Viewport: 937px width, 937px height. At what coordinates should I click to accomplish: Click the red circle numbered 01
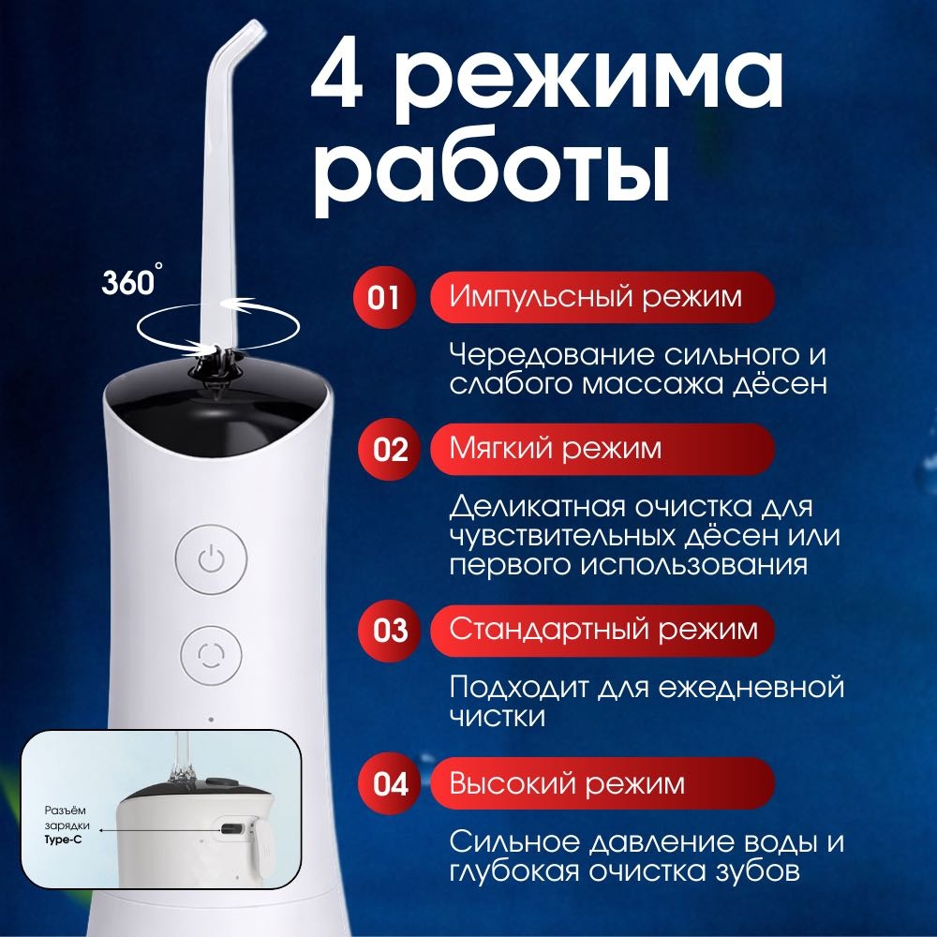pos(383,297)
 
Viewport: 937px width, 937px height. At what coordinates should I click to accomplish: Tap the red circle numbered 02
pos(390,450)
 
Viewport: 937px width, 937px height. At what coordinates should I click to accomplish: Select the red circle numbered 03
pos(390,631)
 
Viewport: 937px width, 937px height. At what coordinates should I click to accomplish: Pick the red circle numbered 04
pos(390,783)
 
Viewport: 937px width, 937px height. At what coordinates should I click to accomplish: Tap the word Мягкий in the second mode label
pos(500,448)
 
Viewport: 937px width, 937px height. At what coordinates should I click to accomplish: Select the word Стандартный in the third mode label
pos(548,630)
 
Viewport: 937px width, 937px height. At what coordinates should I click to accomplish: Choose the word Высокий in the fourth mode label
pos(513,782)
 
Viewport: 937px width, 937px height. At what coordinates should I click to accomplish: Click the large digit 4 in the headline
pos(337,80)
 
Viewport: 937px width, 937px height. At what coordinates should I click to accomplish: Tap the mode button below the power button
pos(211,656)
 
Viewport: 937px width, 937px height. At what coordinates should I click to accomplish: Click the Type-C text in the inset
pos(64,840)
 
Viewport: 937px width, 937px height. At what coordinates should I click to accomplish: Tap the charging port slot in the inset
pos(231,829)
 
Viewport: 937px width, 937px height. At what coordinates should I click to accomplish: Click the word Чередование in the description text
pos(552,356)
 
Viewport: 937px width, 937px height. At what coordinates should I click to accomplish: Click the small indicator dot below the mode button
pos(211,720)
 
